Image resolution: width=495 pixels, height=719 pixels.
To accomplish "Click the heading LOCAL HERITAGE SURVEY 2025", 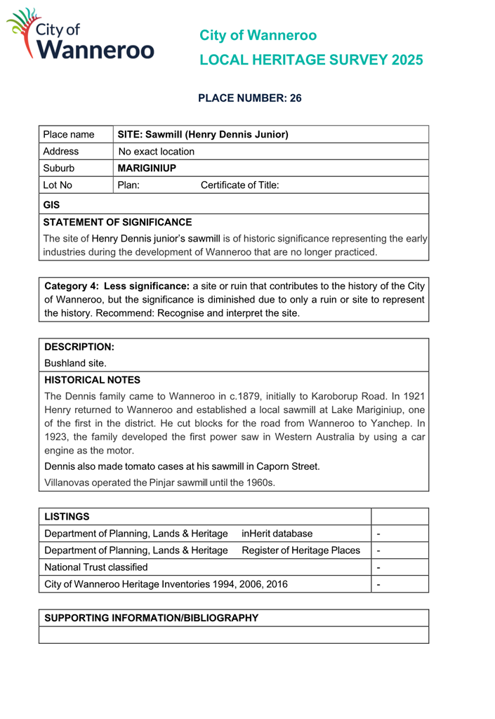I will tap(311, 60).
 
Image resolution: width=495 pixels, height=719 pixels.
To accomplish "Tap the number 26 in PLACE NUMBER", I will tap(294, 99).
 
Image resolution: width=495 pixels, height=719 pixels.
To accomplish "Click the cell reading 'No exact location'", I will tap(156, 151).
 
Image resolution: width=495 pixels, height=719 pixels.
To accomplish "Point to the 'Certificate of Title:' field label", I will tap(239, 185).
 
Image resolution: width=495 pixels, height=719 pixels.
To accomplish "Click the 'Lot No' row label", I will tap(58, 185).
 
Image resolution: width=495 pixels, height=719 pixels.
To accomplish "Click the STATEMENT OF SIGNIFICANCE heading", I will tap(117, 222).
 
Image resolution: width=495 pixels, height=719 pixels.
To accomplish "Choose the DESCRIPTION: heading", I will tap(79, 347).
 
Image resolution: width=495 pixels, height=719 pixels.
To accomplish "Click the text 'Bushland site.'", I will tap(75, 364).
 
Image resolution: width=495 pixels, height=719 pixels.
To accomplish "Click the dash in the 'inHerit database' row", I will tap(379, 534).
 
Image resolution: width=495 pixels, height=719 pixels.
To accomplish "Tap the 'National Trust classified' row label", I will tap(96, 567).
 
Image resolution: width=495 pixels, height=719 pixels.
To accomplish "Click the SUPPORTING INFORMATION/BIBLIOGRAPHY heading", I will tap(151, 618).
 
